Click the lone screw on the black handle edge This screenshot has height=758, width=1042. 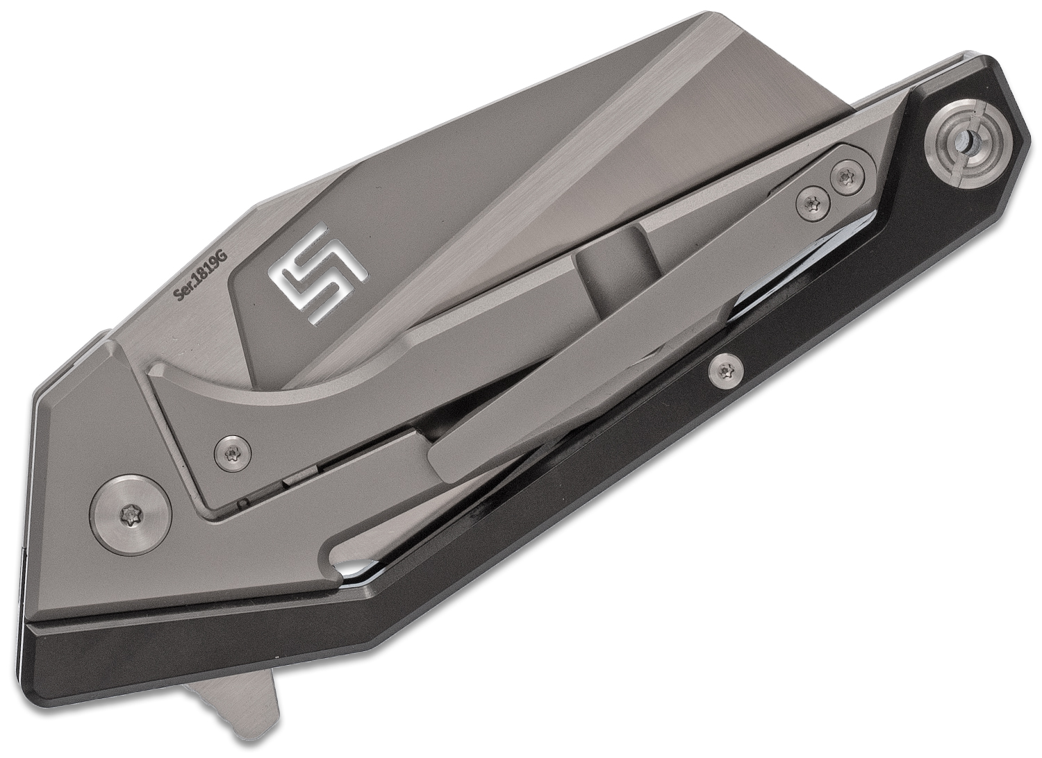tap(725, 371)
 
